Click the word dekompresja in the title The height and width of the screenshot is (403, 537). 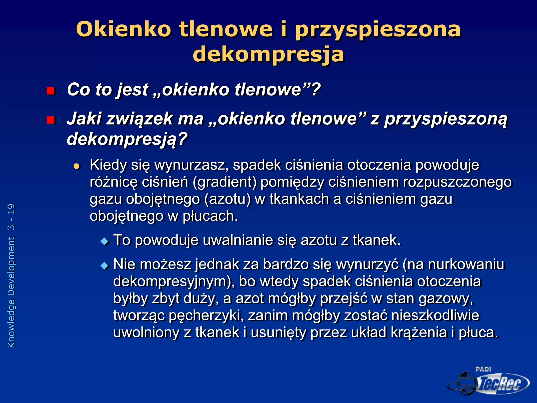pos(268,54)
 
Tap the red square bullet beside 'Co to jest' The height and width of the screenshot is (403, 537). pos(50,91)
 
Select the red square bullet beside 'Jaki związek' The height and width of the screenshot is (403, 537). pos(50,120)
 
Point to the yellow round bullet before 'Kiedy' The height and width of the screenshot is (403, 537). pos(76,166)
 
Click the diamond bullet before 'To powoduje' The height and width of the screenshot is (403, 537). pos(105,241)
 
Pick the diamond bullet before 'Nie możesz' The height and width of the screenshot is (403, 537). pos(105,266)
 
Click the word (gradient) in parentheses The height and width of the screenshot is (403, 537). pos(224,182)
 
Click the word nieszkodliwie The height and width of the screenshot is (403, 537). pos(435,315)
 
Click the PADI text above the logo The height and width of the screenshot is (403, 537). pos(483,369)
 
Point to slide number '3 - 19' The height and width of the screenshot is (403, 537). pos(11,217)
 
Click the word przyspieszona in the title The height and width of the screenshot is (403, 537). pos(378,29)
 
